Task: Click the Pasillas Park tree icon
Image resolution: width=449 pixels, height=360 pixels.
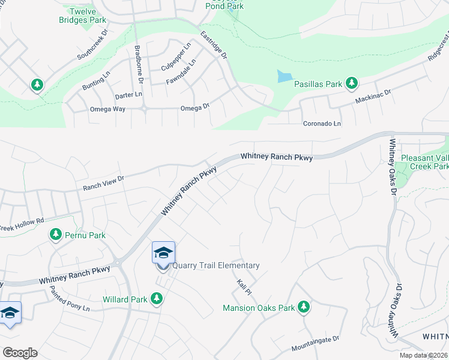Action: (351, 83)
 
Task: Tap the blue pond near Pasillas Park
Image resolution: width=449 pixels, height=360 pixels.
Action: (284, 77)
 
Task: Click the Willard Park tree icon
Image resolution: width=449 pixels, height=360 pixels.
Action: (157, 298)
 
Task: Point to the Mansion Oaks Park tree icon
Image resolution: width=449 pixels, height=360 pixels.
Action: (304, 307)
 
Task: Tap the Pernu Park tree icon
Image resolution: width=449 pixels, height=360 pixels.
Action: (56, 234)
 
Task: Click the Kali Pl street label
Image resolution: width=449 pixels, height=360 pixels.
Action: (243, 283)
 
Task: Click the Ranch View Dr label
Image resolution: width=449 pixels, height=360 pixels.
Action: (103, 183)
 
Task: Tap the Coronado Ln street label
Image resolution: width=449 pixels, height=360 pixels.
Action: (321, 123)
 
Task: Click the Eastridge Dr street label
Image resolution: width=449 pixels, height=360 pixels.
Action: (214, 45)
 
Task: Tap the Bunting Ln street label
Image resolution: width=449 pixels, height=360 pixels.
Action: (97, 80)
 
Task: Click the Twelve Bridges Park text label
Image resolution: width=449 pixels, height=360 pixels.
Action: (88, 16)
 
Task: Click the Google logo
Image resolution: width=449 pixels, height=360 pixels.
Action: (20, 353)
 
